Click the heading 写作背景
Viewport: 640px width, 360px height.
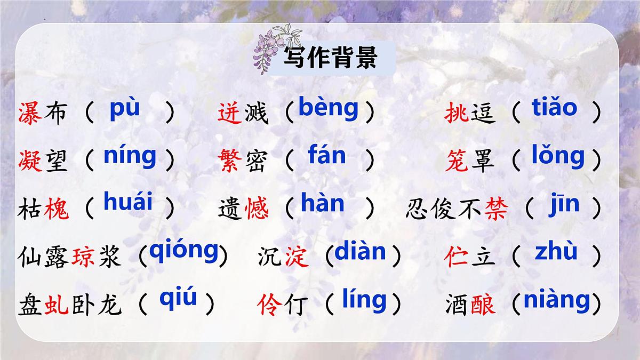[331, 58]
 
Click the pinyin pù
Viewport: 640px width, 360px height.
[124, 108]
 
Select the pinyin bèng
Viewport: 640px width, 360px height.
[329, 108]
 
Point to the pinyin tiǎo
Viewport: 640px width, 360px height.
[554, 108]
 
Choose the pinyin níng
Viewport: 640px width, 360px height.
[130, 157]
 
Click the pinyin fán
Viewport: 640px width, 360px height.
[326, 156]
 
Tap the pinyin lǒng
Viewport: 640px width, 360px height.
[558, 157]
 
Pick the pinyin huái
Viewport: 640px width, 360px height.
[128, 203]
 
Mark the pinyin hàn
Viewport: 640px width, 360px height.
[323, 203]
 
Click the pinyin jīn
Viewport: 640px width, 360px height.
[564, 205]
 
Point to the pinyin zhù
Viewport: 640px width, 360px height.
[556, 251]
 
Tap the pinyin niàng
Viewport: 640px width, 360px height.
[557, 300]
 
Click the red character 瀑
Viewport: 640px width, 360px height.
[30, 113]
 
